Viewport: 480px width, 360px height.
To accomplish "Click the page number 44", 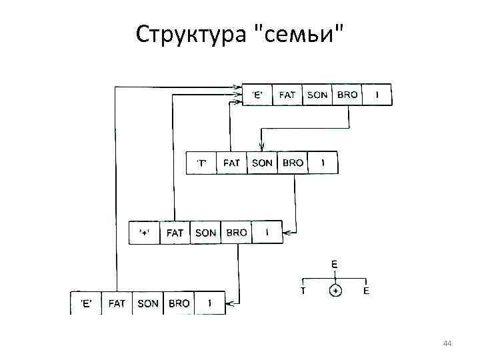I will [x=447, y=343].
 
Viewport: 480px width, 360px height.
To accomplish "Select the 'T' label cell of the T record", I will [x=201, y=163].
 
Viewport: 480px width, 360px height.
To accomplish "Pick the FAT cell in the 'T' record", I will [x=231, y=163].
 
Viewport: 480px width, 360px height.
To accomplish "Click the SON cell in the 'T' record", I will [x=262, y=163].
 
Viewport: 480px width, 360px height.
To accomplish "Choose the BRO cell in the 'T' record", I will [x=293, y=163].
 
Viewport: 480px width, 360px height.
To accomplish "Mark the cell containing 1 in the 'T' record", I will [x=323, y=163].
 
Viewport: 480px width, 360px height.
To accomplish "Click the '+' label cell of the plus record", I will [x=144, y=233].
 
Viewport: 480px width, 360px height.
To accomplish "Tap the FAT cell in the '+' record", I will [x=175, y=233].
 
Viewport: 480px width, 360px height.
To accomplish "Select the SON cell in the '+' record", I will [x=205, y=233].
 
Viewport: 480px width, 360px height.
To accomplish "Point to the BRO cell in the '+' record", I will [x=236, y=233].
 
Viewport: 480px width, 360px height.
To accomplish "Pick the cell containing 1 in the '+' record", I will [x=267, y=233].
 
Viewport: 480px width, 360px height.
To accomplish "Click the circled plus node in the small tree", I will [x=335, y=291].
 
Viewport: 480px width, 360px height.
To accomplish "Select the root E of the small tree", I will [x=334, y=264].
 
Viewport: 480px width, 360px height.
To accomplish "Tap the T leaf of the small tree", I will [x=303, y=291].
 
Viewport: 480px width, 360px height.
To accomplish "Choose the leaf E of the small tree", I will [x=366, y=291].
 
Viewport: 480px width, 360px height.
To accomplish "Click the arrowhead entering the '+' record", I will [x=286, y=233].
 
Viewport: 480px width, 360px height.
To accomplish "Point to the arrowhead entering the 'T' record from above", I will [x=261, y=149].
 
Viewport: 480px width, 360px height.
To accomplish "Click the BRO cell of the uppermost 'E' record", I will [x=347, y=95].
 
